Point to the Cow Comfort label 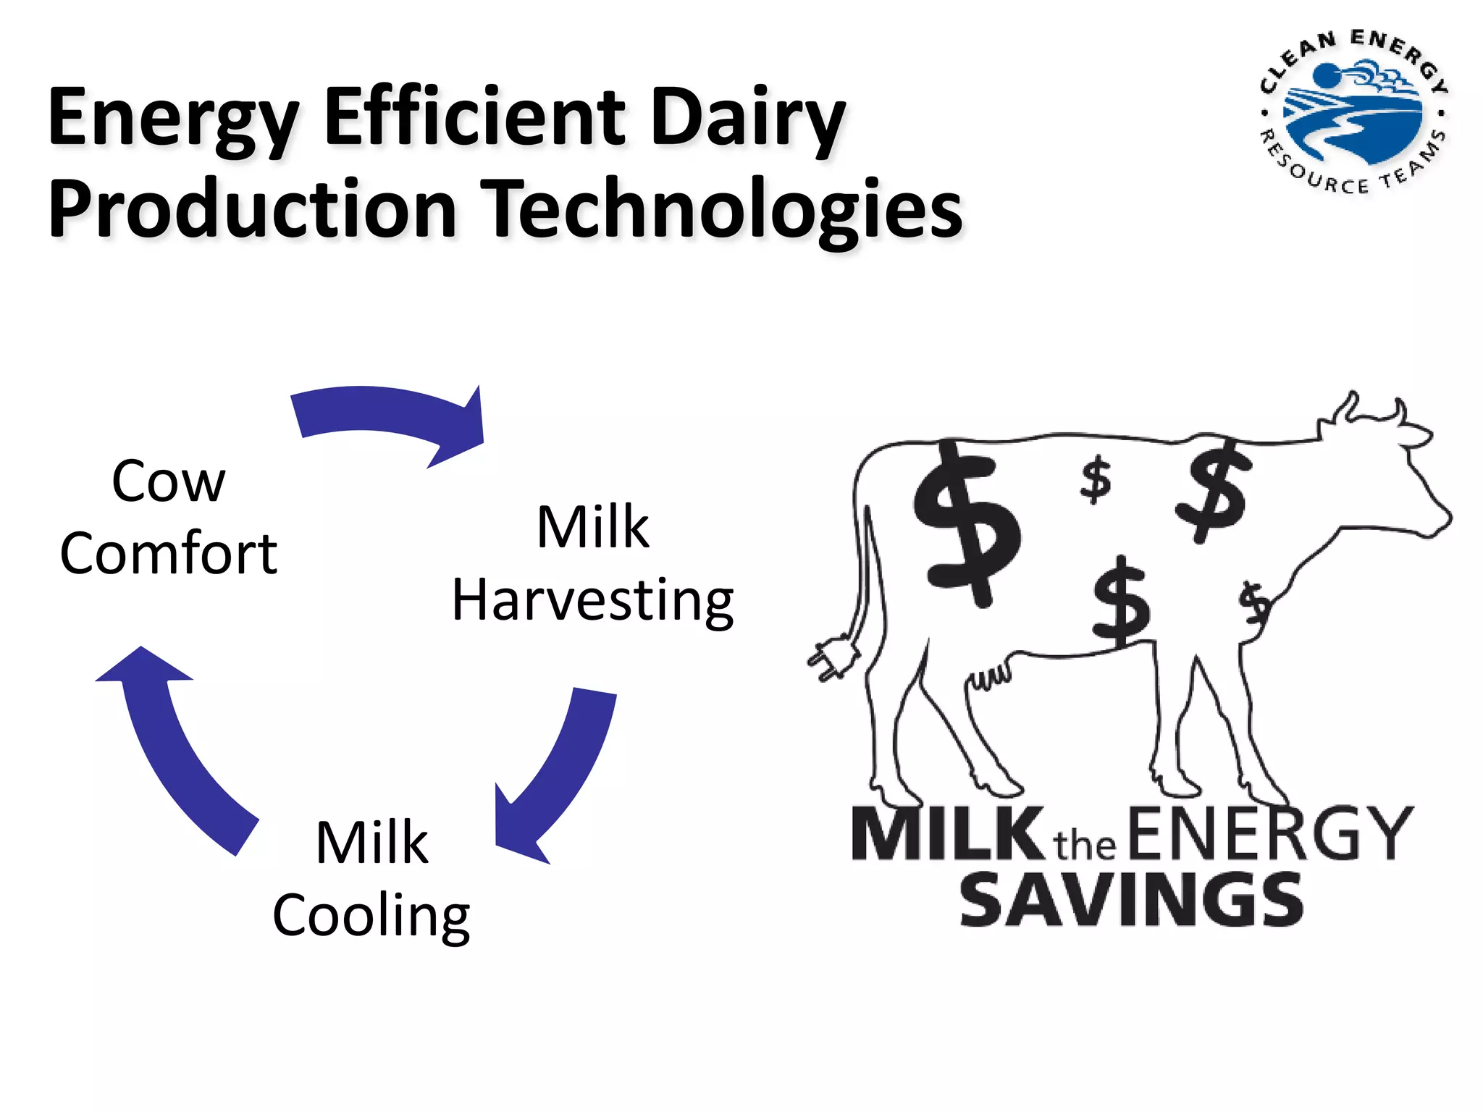coord(169,517)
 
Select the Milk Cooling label coord(371,880)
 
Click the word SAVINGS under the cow coord(1131,900)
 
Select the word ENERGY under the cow coord(1269,834)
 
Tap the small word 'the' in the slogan coord(1084,845)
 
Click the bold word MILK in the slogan coord(945,834)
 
